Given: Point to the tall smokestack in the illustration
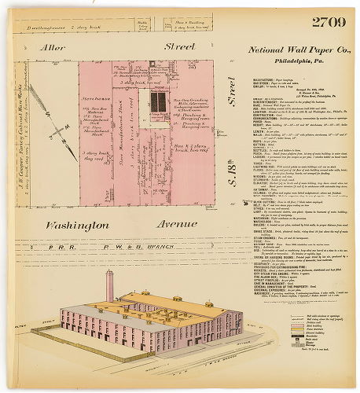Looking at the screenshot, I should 109,286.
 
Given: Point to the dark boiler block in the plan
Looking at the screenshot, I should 159,102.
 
